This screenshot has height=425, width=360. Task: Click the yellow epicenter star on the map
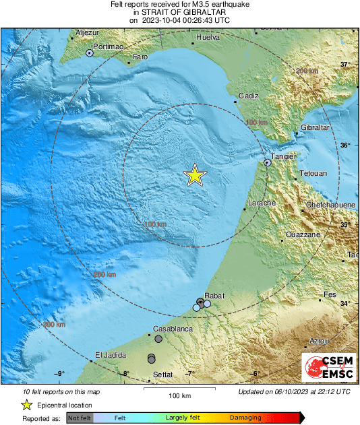[x=195, y=175]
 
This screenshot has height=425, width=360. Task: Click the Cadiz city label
[x=248, y=96]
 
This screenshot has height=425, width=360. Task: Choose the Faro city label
[x=140, y=57]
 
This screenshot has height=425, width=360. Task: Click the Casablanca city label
[x=173, y=329]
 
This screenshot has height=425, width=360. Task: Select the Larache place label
[x=262, y=203]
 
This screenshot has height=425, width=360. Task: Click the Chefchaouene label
[x=331, y=205]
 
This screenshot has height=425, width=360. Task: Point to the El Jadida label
[x=110, y=355]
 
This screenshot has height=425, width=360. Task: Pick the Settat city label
[x=162, y=374]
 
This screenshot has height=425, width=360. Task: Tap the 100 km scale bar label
[x=180, y=395]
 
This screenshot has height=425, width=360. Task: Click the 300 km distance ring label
[x=55, y=325]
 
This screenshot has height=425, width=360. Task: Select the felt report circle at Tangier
[x=268, y=162]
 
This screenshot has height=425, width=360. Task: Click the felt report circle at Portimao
[x=89, y=53]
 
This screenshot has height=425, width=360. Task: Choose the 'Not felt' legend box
[x=80, y=418]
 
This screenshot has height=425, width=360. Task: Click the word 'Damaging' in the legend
[x=245, y=418]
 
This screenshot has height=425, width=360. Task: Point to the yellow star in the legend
[x=26, y=405]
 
